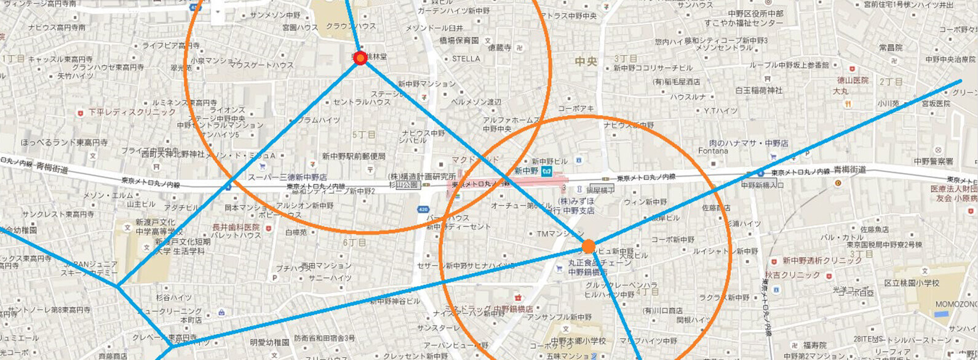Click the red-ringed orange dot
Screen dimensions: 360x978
361,58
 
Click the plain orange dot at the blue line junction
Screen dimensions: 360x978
589,247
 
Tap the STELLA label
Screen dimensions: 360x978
466,59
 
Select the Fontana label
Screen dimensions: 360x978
713,151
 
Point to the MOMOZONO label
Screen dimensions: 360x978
956,305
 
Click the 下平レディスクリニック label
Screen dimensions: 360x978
132,112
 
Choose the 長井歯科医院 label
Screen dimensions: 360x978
236,227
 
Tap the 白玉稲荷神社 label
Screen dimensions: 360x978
759,90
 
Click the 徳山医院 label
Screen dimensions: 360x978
853,81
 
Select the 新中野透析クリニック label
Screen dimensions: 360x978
822,261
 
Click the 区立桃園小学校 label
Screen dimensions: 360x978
912,283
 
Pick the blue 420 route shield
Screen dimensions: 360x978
423,210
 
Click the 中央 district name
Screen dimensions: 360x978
586,62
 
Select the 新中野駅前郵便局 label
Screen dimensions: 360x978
354,156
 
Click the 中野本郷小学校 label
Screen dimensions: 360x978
578,341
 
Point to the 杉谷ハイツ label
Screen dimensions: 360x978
173,298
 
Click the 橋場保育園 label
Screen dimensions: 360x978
459,41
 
